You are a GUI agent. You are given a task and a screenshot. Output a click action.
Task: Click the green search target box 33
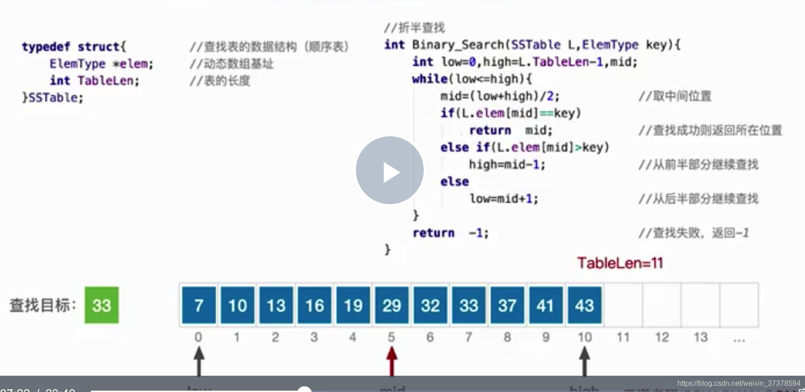point(102,305)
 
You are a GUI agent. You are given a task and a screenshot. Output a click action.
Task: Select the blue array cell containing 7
point(199,305)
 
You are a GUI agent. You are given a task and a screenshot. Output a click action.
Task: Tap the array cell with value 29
point(392,305)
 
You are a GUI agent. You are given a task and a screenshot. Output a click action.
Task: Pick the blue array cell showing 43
point(584,305)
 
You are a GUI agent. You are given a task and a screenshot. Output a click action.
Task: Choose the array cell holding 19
point(353,305)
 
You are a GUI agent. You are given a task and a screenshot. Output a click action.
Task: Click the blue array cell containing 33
point(469,305)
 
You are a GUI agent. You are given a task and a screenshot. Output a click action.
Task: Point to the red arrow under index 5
point(392,360)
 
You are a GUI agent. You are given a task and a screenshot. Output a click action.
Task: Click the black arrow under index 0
point(199,360)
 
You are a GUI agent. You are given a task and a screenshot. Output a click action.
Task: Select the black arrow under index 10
point(584,360)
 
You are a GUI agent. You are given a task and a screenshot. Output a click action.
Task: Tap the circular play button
point(390,170)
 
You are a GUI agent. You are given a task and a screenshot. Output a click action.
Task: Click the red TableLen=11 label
point(620,263)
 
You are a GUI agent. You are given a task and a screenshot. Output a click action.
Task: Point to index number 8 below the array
point(507,337)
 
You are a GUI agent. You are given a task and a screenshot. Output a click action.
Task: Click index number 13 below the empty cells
point(701,337)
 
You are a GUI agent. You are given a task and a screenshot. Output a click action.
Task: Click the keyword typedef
point(46,47)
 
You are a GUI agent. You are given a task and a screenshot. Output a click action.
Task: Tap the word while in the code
point(430,79)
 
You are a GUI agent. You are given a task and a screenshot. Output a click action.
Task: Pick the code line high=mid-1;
point(507,164)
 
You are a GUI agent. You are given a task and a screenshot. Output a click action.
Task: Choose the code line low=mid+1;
point(504,199)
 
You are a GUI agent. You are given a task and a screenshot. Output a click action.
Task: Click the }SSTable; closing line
point(53,98)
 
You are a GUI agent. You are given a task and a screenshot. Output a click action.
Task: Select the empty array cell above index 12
point(662,305)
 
